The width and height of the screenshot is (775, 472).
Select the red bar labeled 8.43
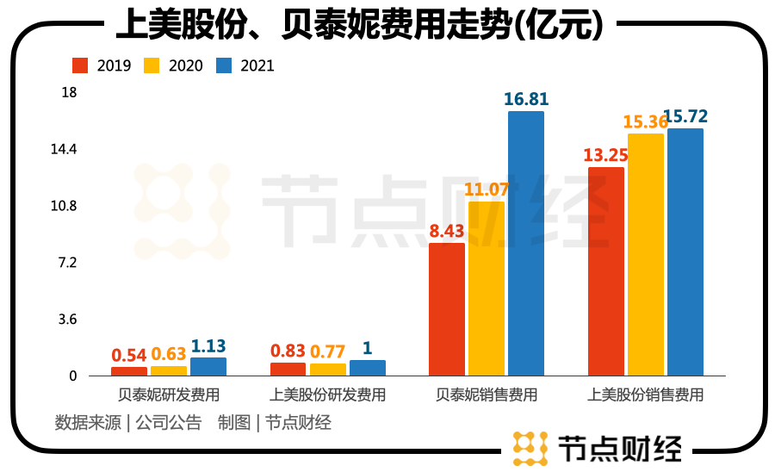point(447,309)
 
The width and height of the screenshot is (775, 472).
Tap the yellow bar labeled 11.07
point(487,288)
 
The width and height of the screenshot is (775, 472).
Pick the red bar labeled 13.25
point(605,271)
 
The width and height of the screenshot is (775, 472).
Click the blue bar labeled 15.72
point(685,252)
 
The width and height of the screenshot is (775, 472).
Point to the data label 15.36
point(647,122)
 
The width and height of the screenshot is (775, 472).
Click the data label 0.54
point(129,355)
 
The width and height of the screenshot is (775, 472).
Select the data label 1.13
point(208,345)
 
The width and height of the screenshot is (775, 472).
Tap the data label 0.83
point(288,351)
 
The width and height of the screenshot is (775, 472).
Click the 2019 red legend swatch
point(81,65)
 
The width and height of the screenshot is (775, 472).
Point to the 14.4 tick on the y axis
point(64,149)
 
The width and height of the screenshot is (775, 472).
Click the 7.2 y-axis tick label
point(67,263)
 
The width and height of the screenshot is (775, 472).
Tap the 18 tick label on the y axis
point(69,92)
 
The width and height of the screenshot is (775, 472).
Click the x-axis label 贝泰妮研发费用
point(169,395)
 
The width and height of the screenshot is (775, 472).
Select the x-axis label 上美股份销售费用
point(645,395)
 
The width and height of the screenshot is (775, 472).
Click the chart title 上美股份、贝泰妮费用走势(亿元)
point(359,25)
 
